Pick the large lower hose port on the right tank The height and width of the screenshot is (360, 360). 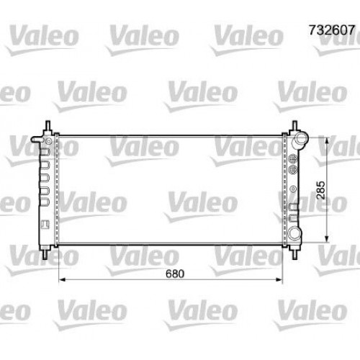[x=298, y=235]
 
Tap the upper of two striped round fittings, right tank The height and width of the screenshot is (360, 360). [x=293, y=157]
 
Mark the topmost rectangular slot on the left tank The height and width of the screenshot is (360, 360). [x=43, y=152]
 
